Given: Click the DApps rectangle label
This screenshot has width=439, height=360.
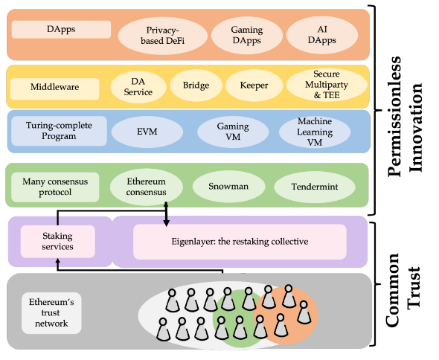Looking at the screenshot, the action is (x=61, y=30).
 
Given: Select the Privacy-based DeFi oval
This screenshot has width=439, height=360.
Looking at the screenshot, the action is (x=163, y=36).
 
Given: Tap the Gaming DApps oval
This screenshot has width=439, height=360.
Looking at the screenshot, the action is (x=246, y=35).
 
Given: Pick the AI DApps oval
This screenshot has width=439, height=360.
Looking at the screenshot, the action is (x=322, y=35).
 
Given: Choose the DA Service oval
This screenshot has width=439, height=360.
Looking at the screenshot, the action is (x=138, y=87).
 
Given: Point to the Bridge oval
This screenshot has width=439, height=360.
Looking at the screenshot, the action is (x=196, y=86).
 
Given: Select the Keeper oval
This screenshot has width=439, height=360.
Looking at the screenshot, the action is (x=254, y=86).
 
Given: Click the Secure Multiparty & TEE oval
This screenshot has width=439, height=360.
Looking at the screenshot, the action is (x=327, y=85).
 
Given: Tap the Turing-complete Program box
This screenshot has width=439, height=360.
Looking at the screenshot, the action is (x=59, y=131).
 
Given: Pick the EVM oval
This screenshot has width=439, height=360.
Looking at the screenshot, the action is (x=147, y=132).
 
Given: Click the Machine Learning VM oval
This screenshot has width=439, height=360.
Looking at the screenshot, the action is (x=315, y=132).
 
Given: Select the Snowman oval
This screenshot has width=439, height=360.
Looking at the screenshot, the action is (x=228, y=187).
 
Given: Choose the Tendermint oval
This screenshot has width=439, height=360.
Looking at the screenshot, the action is (x=315, y=187).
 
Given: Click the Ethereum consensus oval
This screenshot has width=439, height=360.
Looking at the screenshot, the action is (x=146, y=187).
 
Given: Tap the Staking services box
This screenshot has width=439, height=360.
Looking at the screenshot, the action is (x=58, y=241).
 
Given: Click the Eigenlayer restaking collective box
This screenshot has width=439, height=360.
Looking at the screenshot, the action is (x=240, y=242).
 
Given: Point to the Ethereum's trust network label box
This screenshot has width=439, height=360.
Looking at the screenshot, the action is (x=51, y=313).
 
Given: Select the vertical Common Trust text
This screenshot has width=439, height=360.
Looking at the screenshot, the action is (x=403, y=290).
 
